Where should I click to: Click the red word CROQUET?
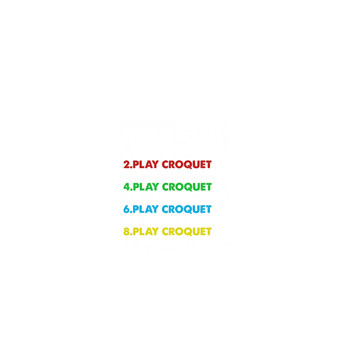click(188, 164)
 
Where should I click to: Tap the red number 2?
click(127, 164)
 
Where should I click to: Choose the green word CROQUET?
click(188, 186)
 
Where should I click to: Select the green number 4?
click(127, 186)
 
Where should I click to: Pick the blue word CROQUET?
click(188, 209)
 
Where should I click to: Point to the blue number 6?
click(127, 209)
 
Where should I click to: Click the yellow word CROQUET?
click(188, 232)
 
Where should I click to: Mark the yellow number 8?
click(127, 232)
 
